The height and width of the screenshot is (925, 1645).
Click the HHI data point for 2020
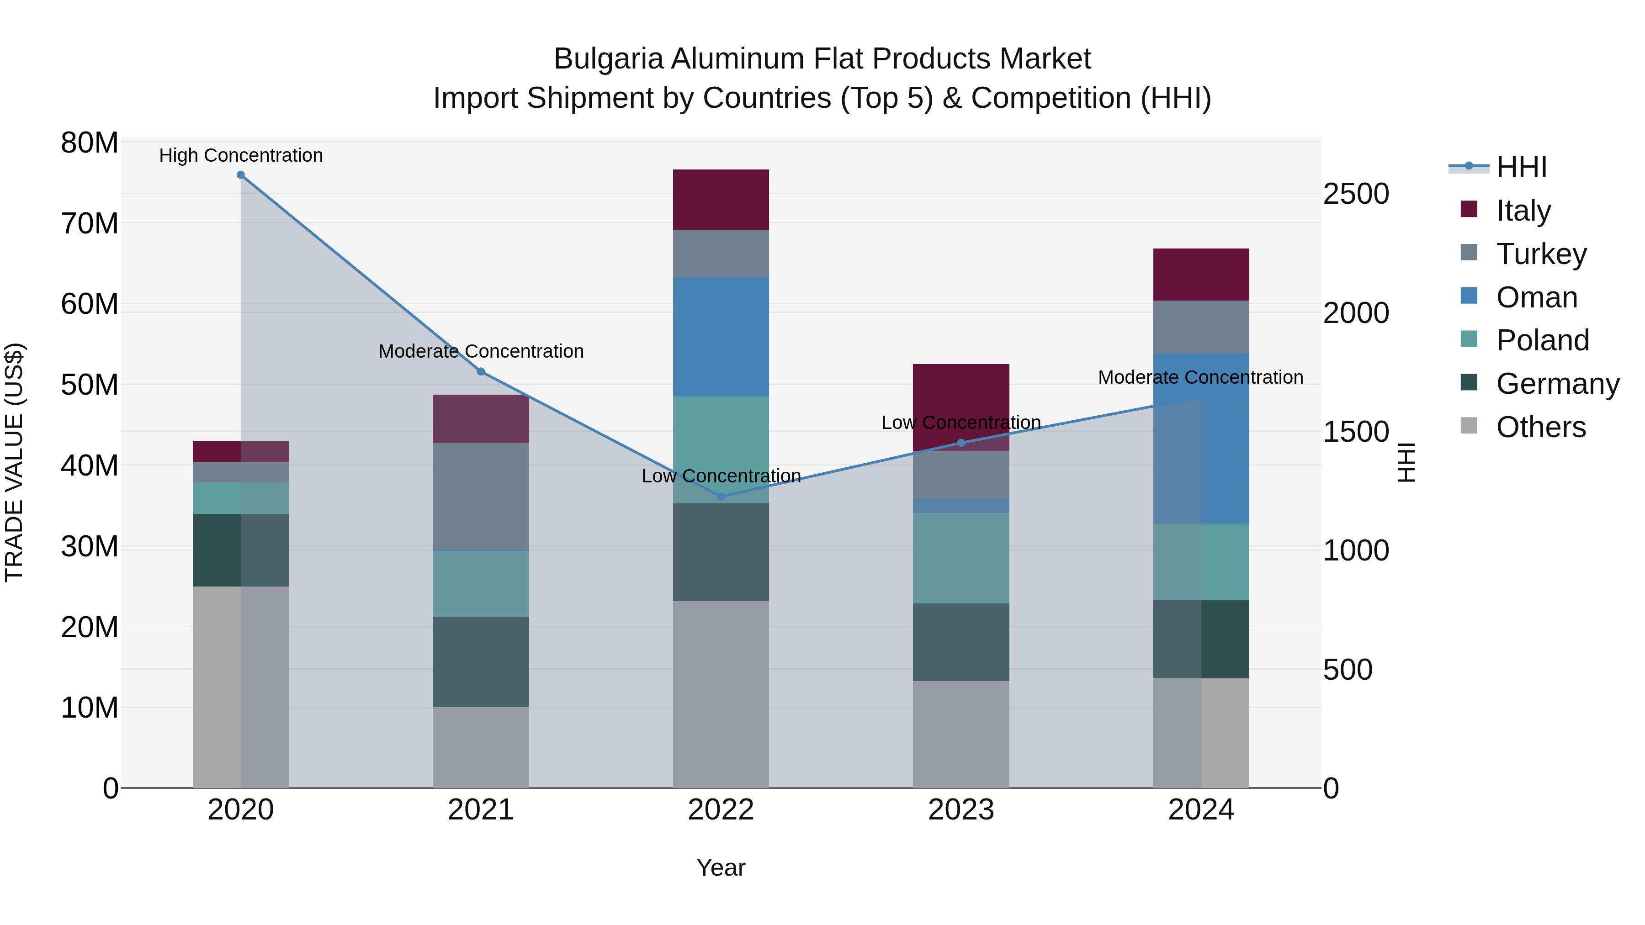pyautogui.click(x=241, y=175)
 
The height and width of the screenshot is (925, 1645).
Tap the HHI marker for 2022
pyautogui.click(x=721, y=496)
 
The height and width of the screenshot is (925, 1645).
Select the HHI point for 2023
pyautogui.click(x=961, y=443)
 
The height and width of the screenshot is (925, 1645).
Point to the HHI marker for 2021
pyautogui.click(x=481, y=371)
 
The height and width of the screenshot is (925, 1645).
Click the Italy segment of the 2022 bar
pyautogui.click(x=721, y=200)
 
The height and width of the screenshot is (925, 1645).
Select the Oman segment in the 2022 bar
pyautogui.click(x=721, y=337)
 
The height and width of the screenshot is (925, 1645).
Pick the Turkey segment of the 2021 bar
pyautogui.click(x=481, y=496)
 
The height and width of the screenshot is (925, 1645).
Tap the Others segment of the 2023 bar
pyautogui.click(x=961, y=734)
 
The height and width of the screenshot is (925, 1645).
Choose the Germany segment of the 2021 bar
pyautogui.click(x=481, y=662)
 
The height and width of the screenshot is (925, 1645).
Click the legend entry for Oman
pyautogui.click(x=1536, y=297)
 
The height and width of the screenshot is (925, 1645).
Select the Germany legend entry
pyautogui.click(x=1557, y=384)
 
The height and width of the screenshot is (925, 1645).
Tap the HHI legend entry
pyautogui.click(x=1521, y=167)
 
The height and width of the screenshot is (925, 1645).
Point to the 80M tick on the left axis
pyautogui.click(x=90, y=143)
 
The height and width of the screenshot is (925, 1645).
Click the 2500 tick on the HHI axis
pyautogui.click(x=1356, y=194)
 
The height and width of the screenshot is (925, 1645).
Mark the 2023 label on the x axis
pyautogui.click(x=961, y=810)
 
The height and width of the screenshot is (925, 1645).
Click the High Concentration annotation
pyautogui.click(x=241, y=155)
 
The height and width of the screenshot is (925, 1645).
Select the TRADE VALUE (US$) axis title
pyautogui.click(x=14, y=462)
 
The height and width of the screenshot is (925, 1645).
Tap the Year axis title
pyautogui.click(x=721, y=867)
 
